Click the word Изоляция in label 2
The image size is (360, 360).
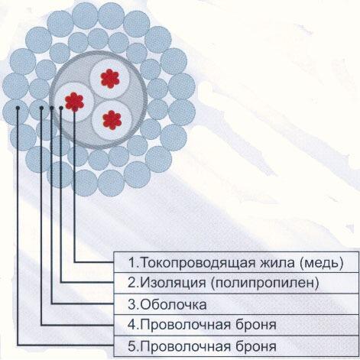[x=174, y=283]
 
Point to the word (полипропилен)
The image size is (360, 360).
[x=265, y=284]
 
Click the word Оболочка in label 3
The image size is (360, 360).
[x=174, y=305]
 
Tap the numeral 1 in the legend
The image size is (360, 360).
[x=131, y=263]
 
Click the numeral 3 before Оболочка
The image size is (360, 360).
[x=132, y=305]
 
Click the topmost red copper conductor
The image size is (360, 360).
[x=110, y=79]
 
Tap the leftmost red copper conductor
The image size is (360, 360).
[x=74, y=102]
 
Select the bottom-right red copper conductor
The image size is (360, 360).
[x=112, y=120]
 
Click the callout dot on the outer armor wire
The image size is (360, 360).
[x=18, y=108]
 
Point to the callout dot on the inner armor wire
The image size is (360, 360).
[x=41, y=108]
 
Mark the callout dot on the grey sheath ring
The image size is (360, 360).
[x=52, y=108]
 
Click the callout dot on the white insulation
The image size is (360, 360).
[x=61, y=108]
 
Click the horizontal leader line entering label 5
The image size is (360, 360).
[x=66, y=345]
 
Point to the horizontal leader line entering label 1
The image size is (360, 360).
[x=94, y=261]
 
